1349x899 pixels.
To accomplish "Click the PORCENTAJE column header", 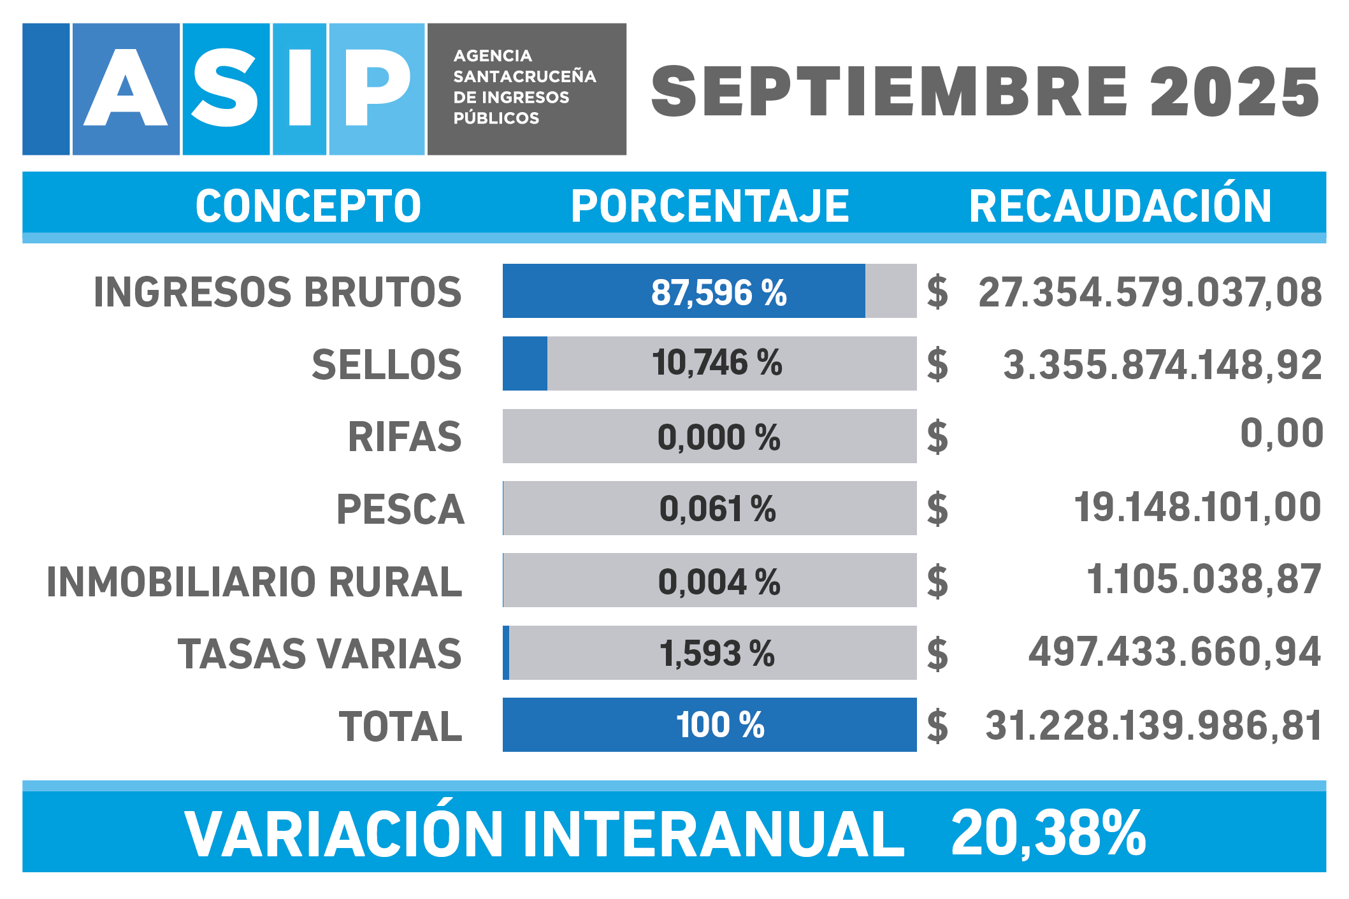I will click(710, 206).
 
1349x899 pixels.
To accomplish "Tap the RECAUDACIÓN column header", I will click(1120, 206).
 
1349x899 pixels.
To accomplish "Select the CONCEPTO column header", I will click(308, 206).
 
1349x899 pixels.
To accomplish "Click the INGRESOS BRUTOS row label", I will click(278, 292).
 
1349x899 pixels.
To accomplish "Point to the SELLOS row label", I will click(386, 365).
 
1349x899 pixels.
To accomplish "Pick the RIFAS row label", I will click(405, 437).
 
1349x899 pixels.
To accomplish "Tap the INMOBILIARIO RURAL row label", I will click(254, 582).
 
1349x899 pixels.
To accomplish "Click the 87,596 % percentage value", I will click(719, 292).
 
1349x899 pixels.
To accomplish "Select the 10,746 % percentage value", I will click(717, 363).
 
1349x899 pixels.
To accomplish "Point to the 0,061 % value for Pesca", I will click(718, 509).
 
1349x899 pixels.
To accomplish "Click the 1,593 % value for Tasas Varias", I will click(717, 654).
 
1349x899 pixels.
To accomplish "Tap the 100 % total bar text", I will click(720, 725).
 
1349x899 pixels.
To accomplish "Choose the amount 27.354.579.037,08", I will click(1150, 292).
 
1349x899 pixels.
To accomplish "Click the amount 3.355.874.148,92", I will click(1162, 365).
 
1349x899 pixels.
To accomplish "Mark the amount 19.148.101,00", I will click(1197, 507).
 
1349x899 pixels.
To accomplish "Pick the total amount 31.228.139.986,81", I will click(1153, 726).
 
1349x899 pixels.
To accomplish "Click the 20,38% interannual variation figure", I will click(1048, 833).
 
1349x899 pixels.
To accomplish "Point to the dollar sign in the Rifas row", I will click(937, 437).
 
